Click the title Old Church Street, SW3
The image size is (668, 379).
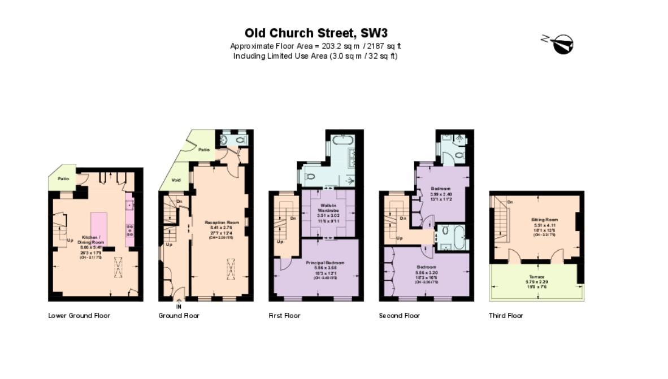315,33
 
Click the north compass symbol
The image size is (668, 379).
559,43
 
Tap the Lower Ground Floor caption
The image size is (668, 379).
79,316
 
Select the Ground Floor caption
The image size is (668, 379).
179,316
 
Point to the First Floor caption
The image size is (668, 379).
284,316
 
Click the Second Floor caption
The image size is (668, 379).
399,316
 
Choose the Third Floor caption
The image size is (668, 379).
506,316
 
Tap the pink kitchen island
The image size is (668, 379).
99,229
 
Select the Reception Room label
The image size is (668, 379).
222,223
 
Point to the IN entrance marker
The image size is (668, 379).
179,307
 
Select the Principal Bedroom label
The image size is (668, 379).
325,263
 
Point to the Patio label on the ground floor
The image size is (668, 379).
204,150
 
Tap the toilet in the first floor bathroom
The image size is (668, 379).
309,176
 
